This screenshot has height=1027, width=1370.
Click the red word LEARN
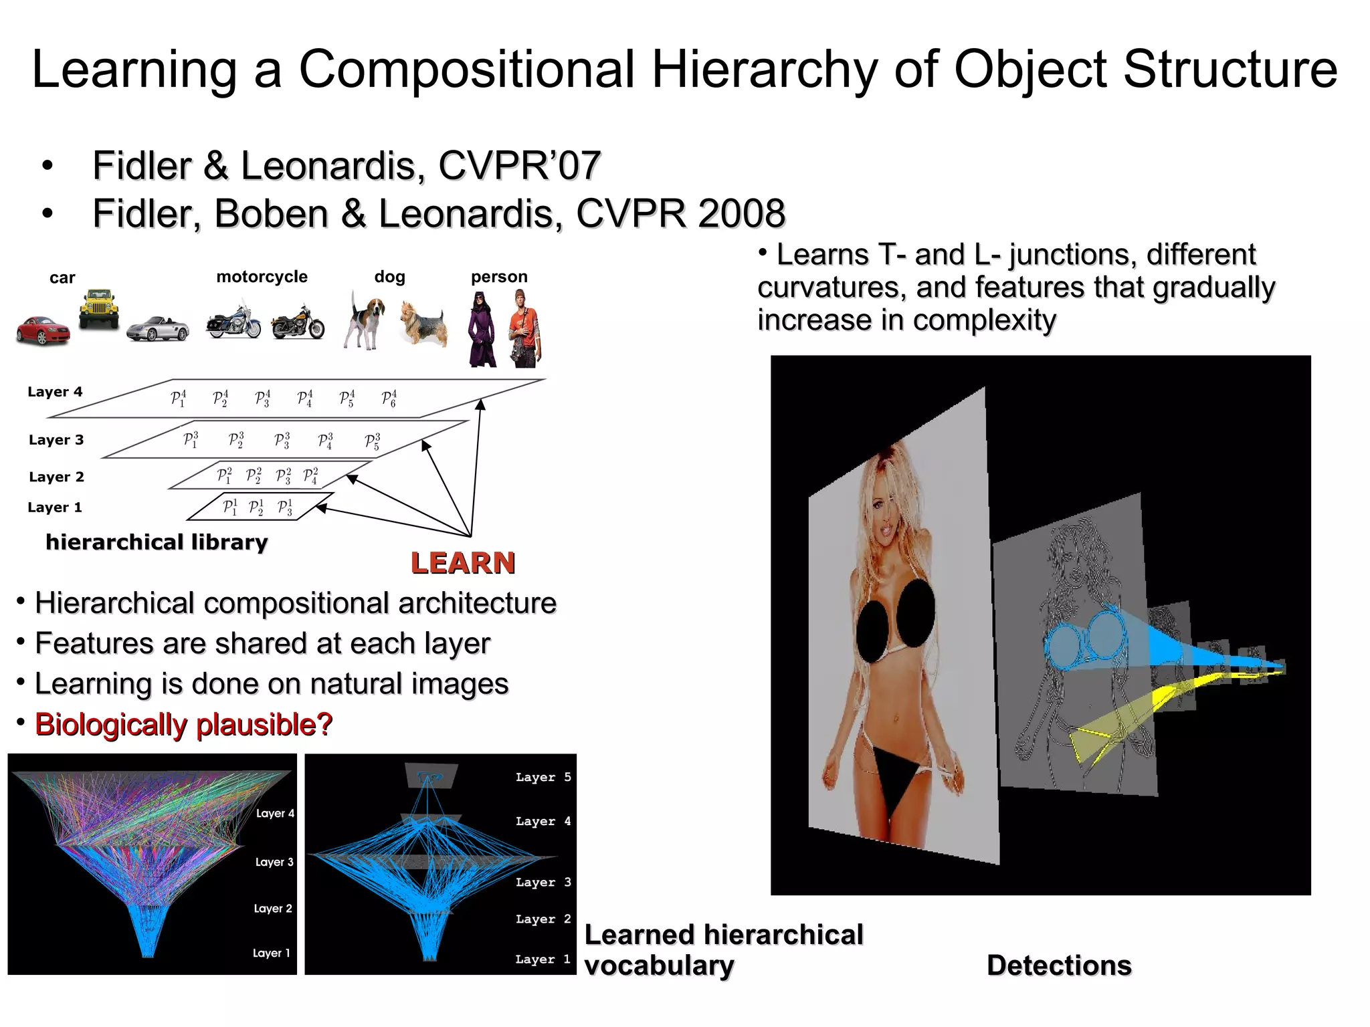[x=463, y=563]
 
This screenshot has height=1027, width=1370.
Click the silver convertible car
[x=158, y=328]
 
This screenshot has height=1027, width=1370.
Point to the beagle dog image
[x=365, y=320]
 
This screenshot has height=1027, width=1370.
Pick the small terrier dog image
[x=423, y=323]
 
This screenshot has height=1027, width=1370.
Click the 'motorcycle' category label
[x=262, y=277]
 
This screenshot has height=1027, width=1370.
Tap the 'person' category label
[x=499, y=277]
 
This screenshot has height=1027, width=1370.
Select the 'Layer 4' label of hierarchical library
[x=55, y=392]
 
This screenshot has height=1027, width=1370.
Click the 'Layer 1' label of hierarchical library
[x=55, y=507]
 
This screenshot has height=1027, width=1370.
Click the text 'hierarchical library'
[x=157, y=542]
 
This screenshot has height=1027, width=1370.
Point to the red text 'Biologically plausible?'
[x=183, y=724]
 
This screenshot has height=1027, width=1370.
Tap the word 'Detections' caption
[x=1059, y=965]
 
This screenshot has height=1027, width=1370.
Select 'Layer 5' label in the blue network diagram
[x=543, y=778]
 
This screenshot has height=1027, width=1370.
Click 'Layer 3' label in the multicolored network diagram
[x=274, y=863]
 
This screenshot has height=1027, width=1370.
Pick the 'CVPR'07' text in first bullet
[x=519, y=166]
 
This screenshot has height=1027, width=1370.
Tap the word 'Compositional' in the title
[x=466, y=69]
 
